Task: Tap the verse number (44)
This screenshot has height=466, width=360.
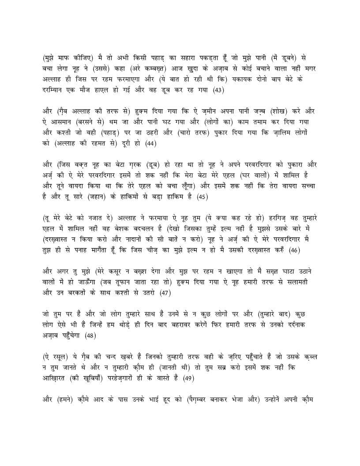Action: tap(150, 143)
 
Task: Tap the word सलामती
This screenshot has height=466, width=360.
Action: tap(304, 281)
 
